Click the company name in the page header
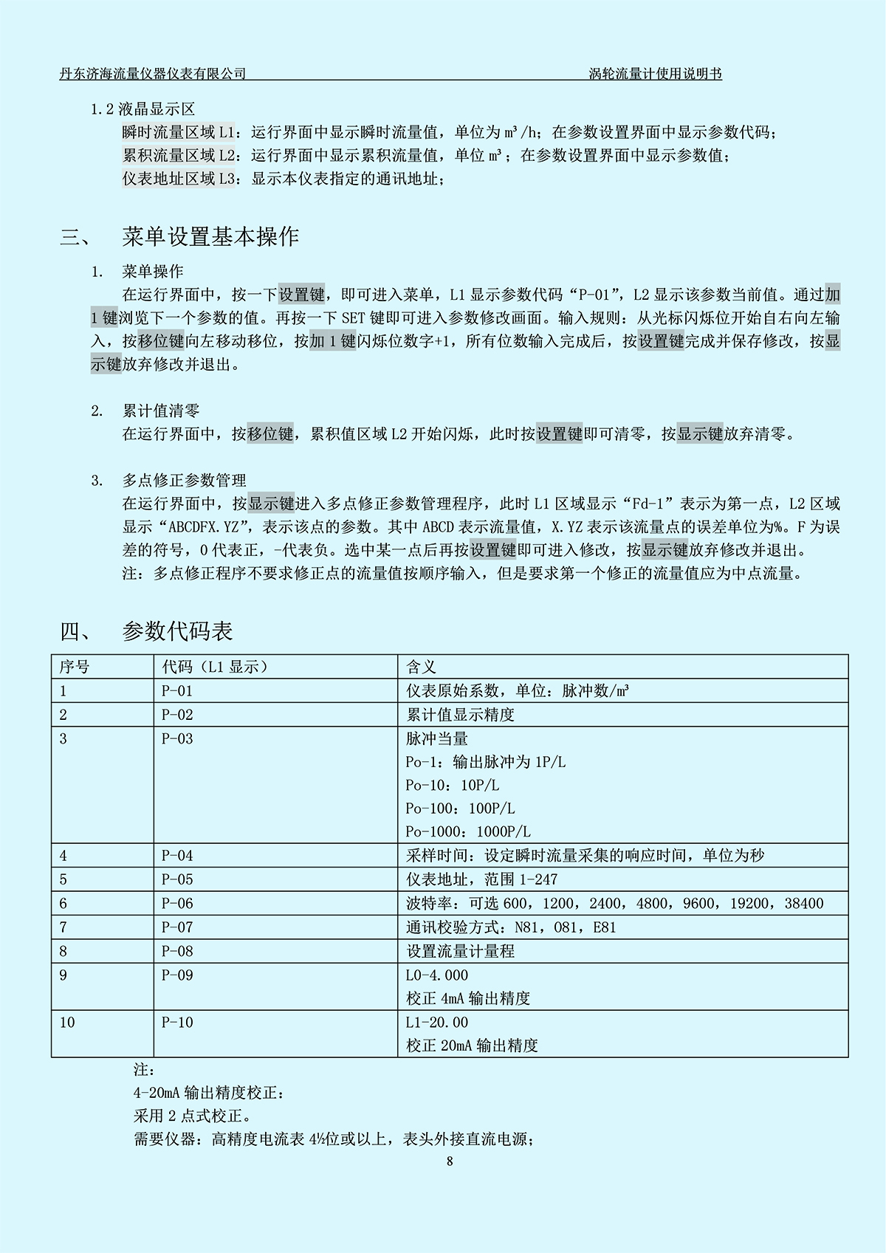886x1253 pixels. click(x=153, y=73)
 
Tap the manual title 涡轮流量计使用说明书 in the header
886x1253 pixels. click(x=655, y=73)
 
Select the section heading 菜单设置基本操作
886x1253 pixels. click(x=210, y=236)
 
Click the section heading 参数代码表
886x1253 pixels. click(x=177, y=631)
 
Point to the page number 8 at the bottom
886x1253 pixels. click(x=450, y=1161)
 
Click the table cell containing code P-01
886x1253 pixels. click(x=177, y=691)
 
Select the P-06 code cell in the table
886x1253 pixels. click(x=177, y=903)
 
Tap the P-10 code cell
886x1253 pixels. click(x=177, y=1023)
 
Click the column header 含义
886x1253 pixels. click(x=421, y=667)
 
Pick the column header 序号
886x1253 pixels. click(x=74, y=667)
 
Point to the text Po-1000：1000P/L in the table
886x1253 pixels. click(x=468, y=831)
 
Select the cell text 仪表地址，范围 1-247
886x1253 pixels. click(x=481, y=879)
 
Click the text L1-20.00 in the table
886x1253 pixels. click(x=437, y=1023)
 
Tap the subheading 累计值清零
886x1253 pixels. click(x=161, y=411)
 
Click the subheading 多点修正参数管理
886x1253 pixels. click(x=185, y=481)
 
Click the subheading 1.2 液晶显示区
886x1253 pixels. click(x=142, y=109)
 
